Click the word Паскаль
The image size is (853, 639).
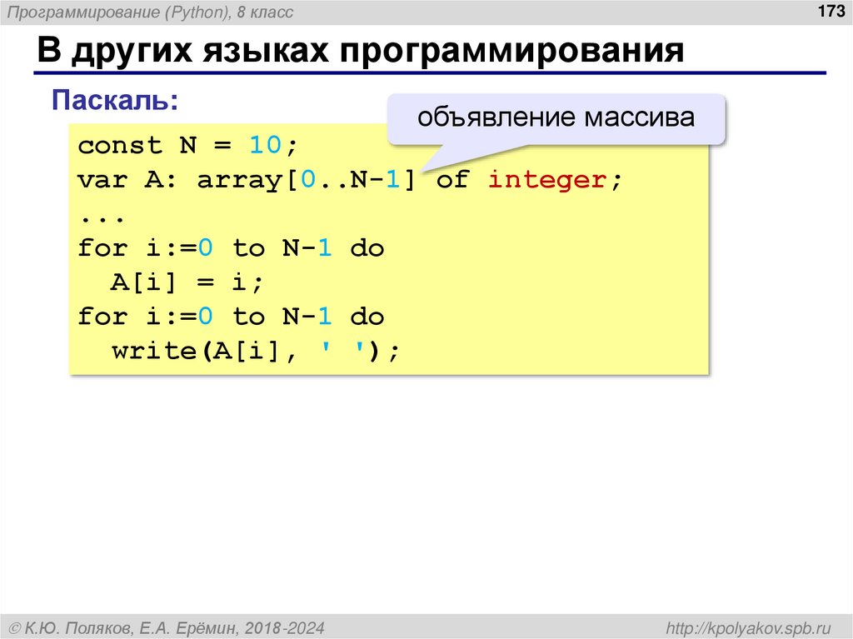[114, 101]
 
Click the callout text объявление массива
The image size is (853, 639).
[556, 117]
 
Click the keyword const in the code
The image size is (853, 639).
[120, 146]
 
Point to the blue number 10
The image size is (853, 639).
[265, 146]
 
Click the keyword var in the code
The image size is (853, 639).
[103, 180]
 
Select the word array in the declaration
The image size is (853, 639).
[238, 180]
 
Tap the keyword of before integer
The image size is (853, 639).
[452, 180]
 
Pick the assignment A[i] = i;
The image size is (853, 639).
[187, 282]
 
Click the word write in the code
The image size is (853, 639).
[153, 351]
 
